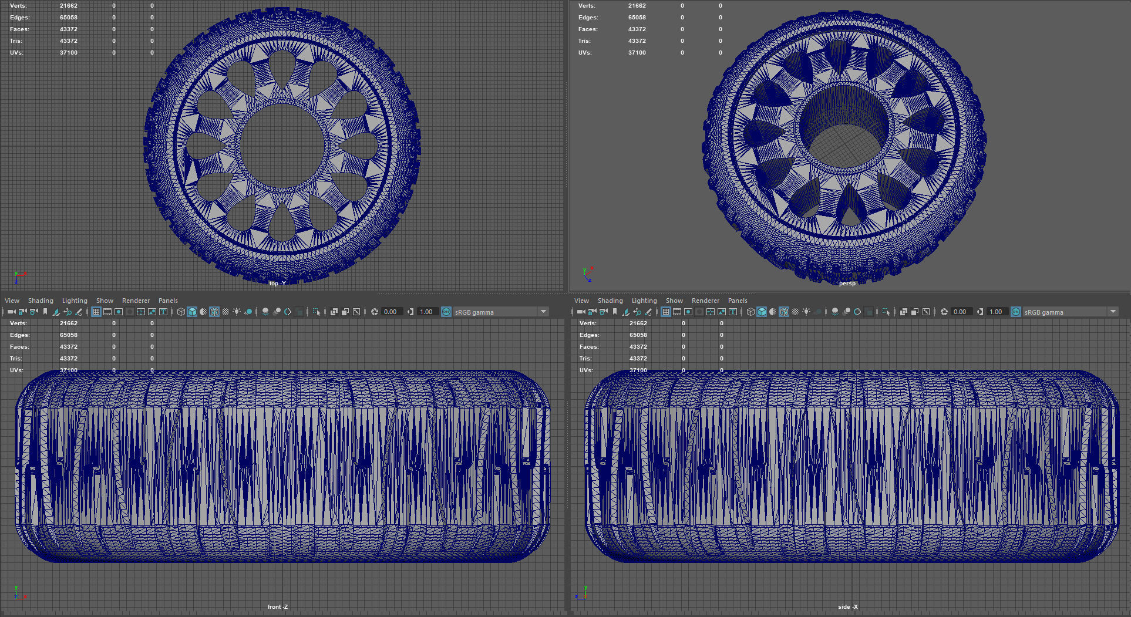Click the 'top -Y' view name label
point(277,284)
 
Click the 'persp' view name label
point(847,284)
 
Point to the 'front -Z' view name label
point(277,606)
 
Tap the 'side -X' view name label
point(847,606)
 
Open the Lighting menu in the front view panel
point(75,301)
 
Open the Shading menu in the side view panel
point(610,301)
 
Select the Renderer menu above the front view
point(136,301)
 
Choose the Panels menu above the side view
point(738,301)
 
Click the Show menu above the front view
point(105,301)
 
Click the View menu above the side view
point(581,301)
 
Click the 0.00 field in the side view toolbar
point(960,312)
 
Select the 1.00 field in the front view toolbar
point(426,312)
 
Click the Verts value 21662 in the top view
point(69,6)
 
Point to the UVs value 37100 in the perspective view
point(637,53)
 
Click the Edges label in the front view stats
point(19,335)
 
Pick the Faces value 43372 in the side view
point(638,347)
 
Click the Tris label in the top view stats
point(16,41)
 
